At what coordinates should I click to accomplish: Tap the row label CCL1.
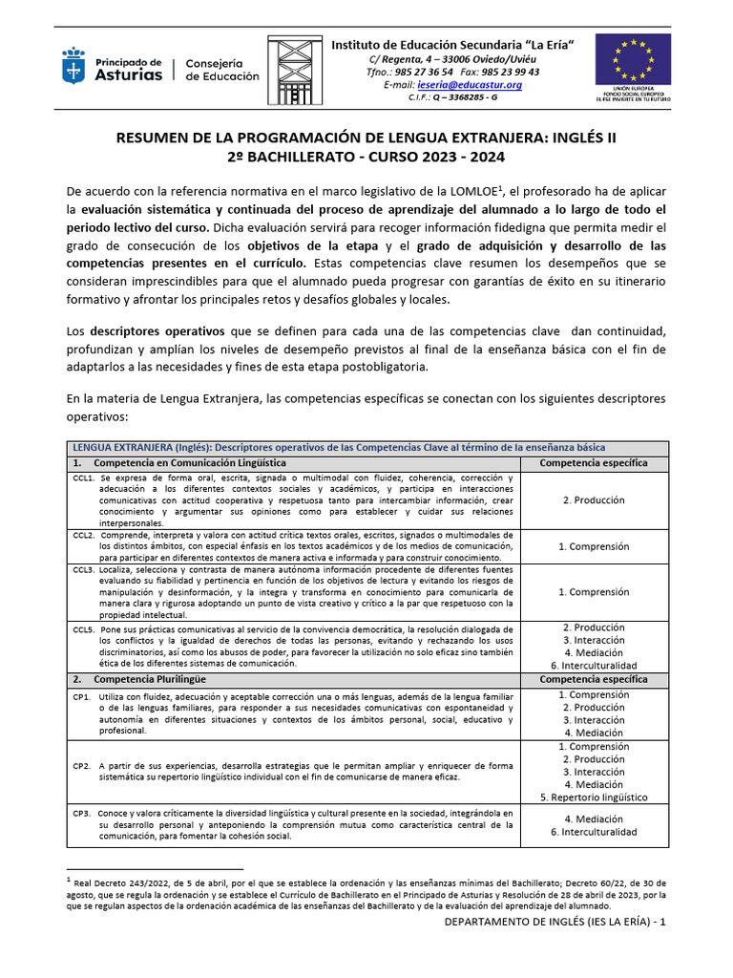[83, 478]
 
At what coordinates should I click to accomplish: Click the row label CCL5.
[83, 629]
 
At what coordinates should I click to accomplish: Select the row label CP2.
[81, 766]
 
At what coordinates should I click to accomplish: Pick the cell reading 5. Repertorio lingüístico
[593, 797]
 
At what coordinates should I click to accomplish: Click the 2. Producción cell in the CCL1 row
[593, 500]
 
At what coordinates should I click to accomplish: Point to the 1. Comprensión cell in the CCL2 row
[593, 546]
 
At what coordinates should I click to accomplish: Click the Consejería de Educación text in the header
[221, 70]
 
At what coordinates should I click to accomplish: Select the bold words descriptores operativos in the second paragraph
[143, 330]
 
